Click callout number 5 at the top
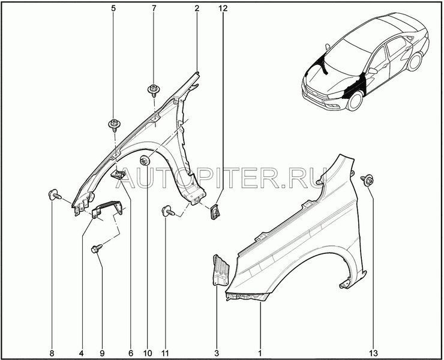pyautogui.click(x=113, y=10)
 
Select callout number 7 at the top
pyautogui.click(x=154, y=10)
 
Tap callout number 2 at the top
pyautogui.click(x=197, y=10)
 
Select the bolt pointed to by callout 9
pyautogui.click(x=96, y=248)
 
